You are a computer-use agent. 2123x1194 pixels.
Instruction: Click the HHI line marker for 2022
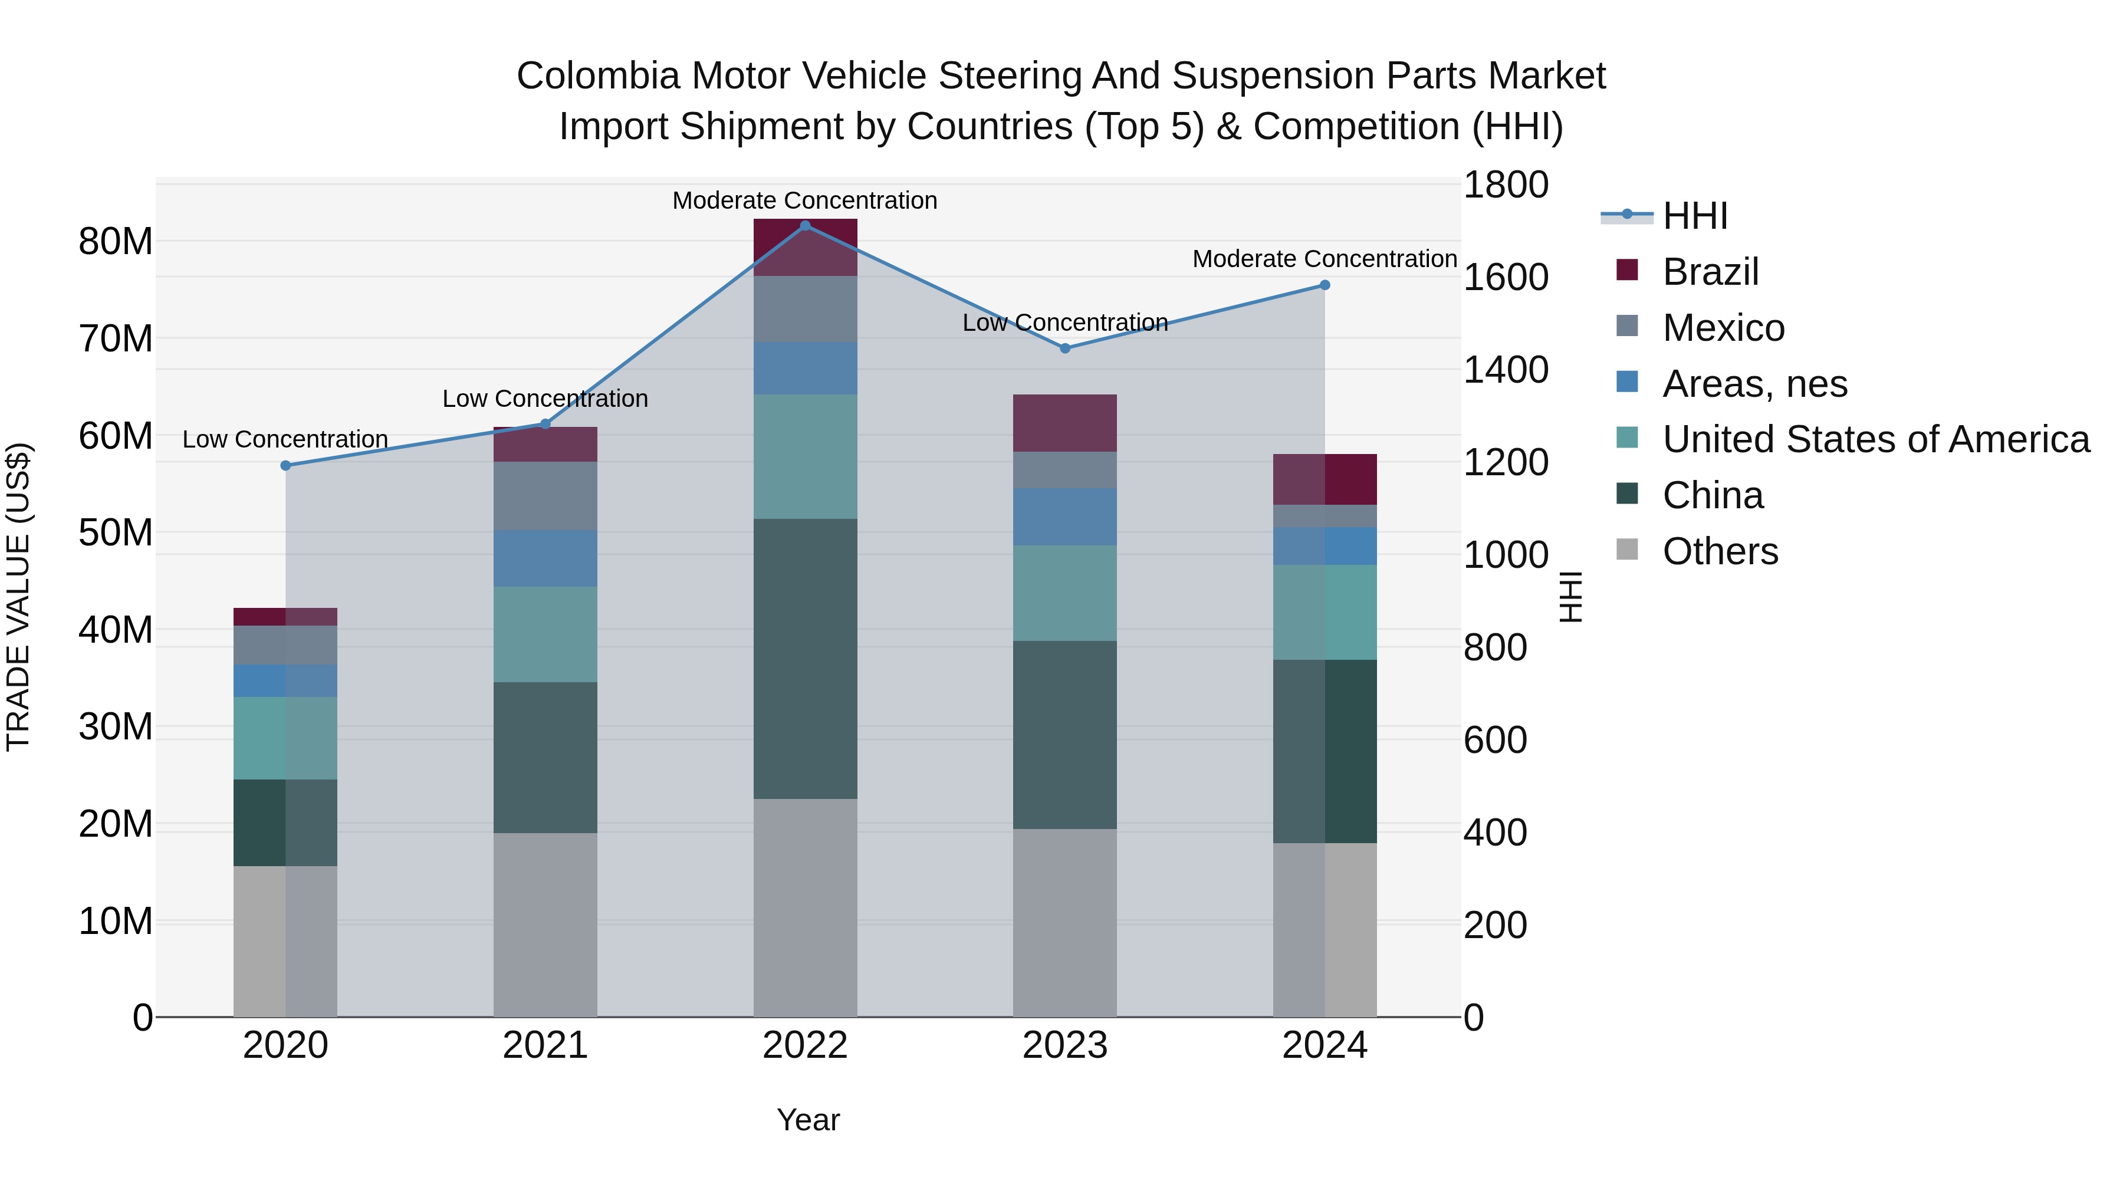[805, 225]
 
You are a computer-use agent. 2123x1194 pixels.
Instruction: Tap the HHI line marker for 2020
[286, 466]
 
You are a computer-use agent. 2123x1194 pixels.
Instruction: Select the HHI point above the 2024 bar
[1325, 285]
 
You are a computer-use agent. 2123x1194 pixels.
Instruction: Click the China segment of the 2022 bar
[805, 659]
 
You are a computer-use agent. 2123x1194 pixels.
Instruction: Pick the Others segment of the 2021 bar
[545, 925]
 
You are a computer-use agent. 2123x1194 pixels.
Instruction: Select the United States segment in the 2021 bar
[545, 634]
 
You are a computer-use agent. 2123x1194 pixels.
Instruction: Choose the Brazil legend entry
[1710, 272]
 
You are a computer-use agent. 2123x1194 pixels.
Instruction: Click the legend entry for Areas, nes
[1754, 384]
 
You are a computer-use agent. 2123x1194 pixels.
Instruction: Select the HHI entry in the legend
[1694, 216]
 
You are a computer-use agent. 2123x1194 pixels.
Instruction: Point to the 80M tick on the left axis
[116, 242]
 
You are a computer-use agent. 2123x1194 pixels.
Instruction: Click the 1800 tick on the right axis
[1505, 185]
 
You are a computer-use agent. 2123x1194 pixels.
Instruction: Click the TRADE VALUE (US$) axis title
[19, 597]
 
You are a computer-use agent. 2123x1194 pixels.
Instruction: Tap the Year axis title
[808, 1120]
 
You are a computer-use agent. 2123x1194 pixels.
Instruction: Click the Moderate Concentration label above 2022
[804, 200]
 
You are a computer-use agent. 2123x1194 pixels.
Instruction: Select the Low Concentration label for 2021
[545, 399]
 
